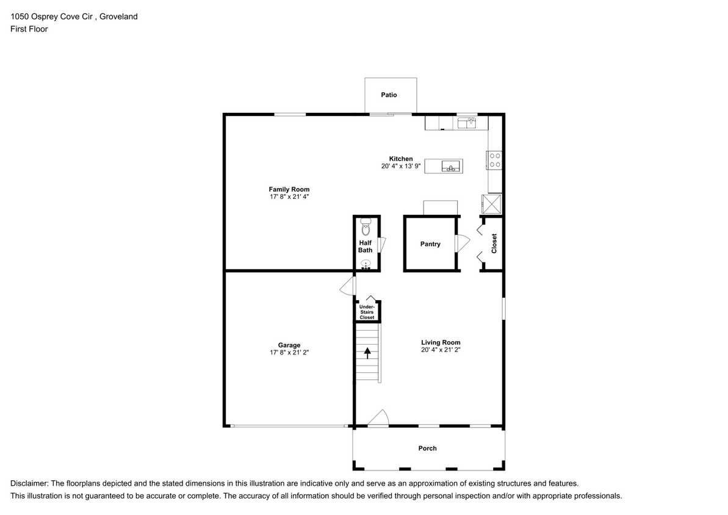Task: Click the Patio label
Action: point(389,95)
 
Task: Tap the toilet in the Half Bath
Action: point(366,227)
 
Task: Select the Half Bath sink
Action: point(366,264)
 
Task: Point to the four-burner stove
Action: point(495,160)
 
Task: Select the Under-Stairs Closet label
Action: point(367,312)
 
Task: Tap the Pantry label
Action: point(430,244)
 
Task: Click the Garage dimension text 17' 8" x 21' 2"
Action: point(289,353)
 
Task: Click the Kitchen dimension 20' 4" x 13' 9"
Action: point(401,166)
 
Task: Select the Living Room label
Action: point(441,342)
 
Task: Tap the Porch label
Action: point(427,448)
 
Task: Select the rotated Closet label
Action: point(494,243)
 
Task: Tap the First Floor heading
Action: point(29,29)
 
